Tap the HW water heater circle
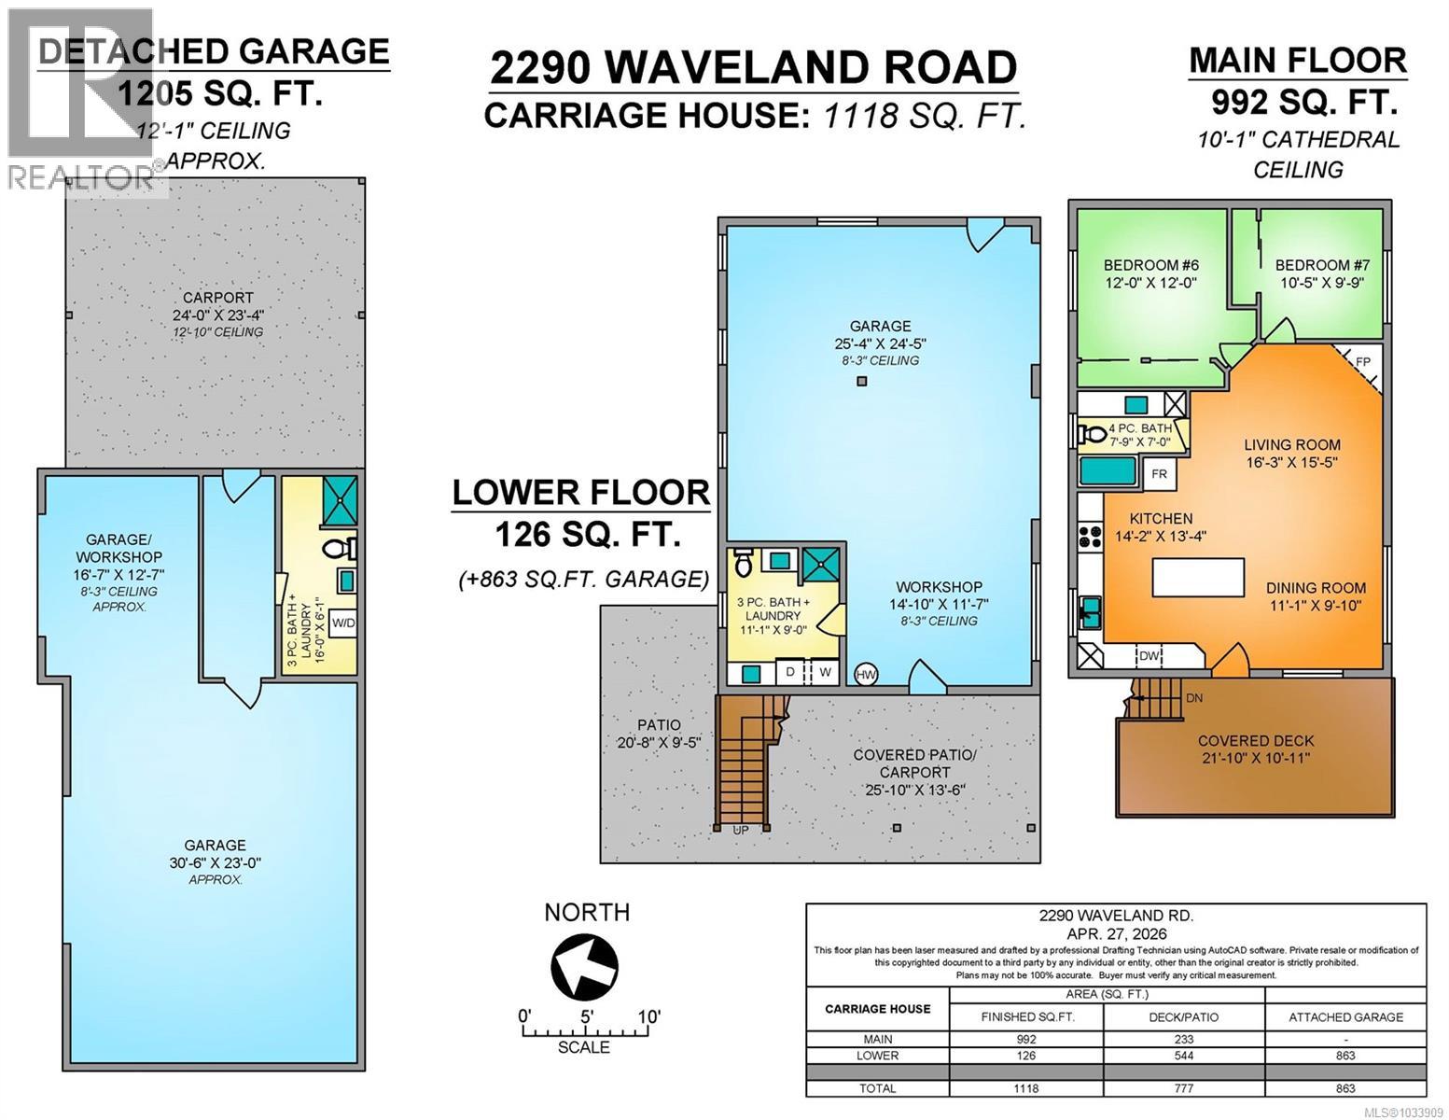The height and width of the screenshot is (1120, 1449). pyautogui.click(x=866, y=674)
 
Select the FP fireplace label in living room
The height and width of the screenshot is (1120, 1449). pyautogui.click(x=1363, y=361)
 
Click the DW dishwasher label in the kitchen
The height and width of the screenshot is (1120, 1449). pyautogui.click(x=1149, y=656)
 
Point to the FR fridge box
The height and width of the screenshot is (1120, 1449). pyautogui.click(x=1159, y=474)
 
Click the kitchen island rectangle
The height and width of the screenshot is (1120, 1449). pyautogui.click(x=1198, y=577)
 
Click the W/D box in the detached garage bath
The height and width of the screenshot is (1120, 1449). pyautogui.click(x=343, y=623)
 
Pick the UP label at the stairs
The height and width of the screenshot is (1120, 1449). pyautogui.click(x=741, y=830)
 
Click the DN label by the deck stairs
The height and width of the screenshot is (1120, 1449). pyautogui.click(x=1193, y=697)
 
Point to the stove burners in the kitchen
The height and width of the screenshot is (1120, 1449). pyautogui.click(x=1089, y=536)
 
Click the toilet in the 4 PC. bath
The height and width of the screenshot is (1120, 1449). pyautogui.click(x=1092, y=434)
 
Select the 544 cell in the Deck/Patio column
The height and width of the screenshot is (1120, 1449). pyautogui.click(x=1182, y=1056)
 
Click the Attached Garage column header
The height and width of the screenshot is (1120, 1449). pyautogui.click(x=1345, y=1017)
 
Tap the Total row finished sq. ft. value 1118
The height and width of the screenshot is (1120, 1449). pyautogui.click(x=1025, y=1088)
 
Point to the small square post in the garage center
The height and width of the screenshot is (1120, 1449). pyautogui.click(x=861, y=381)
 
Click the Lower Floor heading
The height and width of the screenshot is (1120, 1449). pyautogui.click(x=580, y=492)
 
